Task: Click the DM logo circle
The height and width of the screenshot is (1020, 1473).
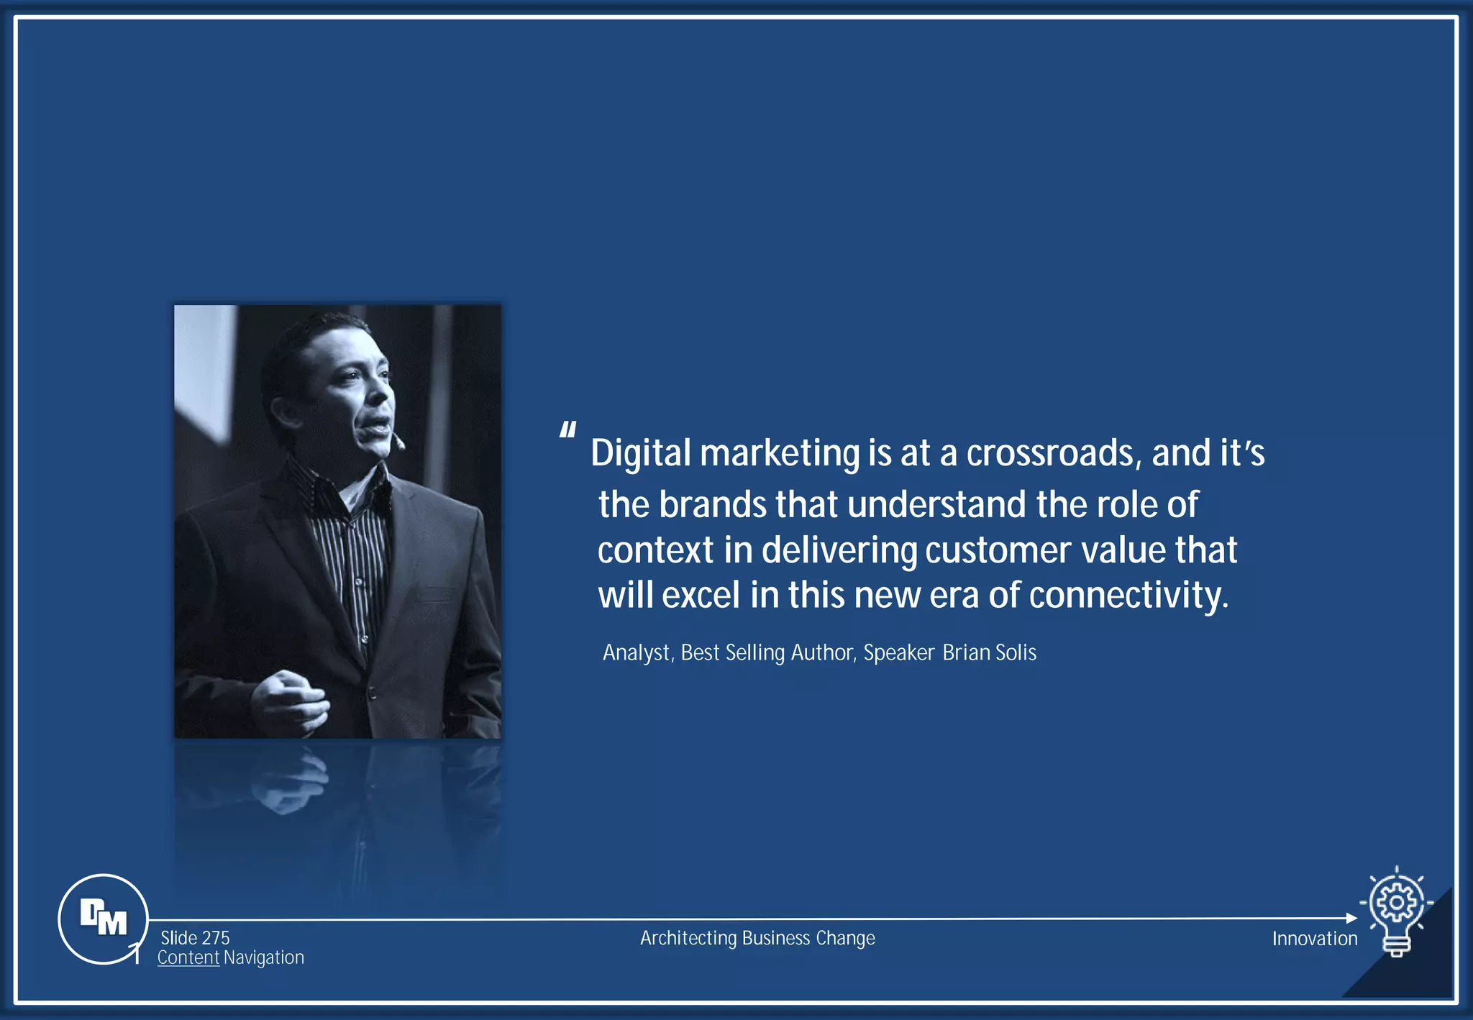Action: [x=103, y=919]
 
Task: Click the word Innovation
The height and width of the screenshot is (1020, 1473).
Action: [x=1314, y=939]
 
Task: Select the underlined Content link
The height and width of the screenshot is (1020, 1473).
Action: [x=188, y=957]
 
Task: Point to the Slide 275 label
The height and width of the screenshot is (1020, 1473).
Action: [x=195, y=938]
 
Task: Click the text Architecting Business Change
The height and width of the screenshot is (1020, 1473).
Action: [x=757, y=938]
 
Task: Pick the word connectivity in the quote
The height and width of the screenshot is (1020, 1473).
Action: [x=1128, y=596]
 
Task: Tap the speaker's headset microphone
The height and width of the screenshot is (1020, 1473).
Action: [x=398, y=440]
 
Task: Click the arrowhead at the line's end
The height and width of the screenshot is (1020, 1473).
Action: [x=1351, y=918]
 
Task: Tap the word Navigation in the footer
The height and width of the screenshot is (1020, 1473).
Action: [x=264, y=957]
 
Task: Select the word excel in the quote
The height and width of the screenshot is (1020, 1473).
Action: [x=701, y=596]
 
